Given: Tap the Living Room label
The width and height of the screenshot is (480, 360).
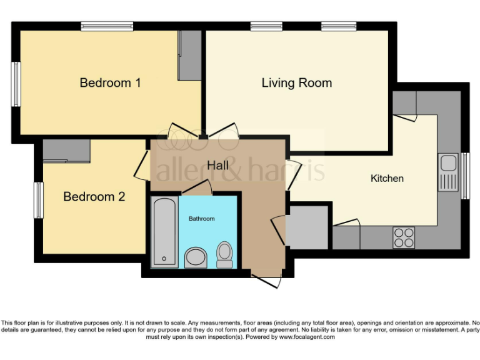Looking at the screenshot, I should (296, 82).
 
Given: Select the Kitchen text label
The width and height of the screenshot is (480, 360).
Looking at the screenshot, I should (387, 178).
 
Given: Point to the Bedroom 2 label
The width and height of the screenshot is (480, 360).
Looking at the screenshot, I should (94, 196).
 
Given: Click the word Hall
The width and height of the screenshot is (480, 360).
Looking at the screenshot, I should (217, 166).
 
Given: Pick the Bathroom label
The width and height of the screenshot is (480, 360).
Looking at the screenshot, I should (202, 219).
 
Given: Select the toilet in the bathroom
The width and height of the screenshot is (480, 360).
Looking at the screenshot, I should (224, 254).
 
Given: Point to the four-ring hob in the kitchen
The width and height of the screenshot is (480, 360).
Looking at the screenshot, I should (404, 237).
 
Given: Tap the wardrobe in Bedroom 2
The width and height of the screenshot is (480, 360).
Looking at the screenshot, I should (67, 151).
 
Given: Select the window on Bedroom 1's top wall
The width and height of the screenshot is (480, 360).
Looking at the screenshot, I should (107, 26).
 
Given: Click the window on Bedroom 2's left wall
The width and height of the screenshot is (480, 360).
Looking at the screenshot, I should (39, 200).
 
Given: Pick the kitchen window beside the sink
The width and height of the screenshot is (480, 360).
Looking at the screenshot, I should (465, 176).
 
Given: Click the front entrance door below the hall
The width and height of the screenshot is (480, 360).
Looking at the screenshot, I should (265, 279).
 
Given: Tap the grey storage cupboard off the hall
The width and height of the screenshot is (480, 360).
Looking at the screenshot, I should (307, 224).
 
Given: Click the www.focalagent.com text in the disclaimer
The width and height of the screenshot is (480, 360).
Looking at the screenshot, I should (306, 337).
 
